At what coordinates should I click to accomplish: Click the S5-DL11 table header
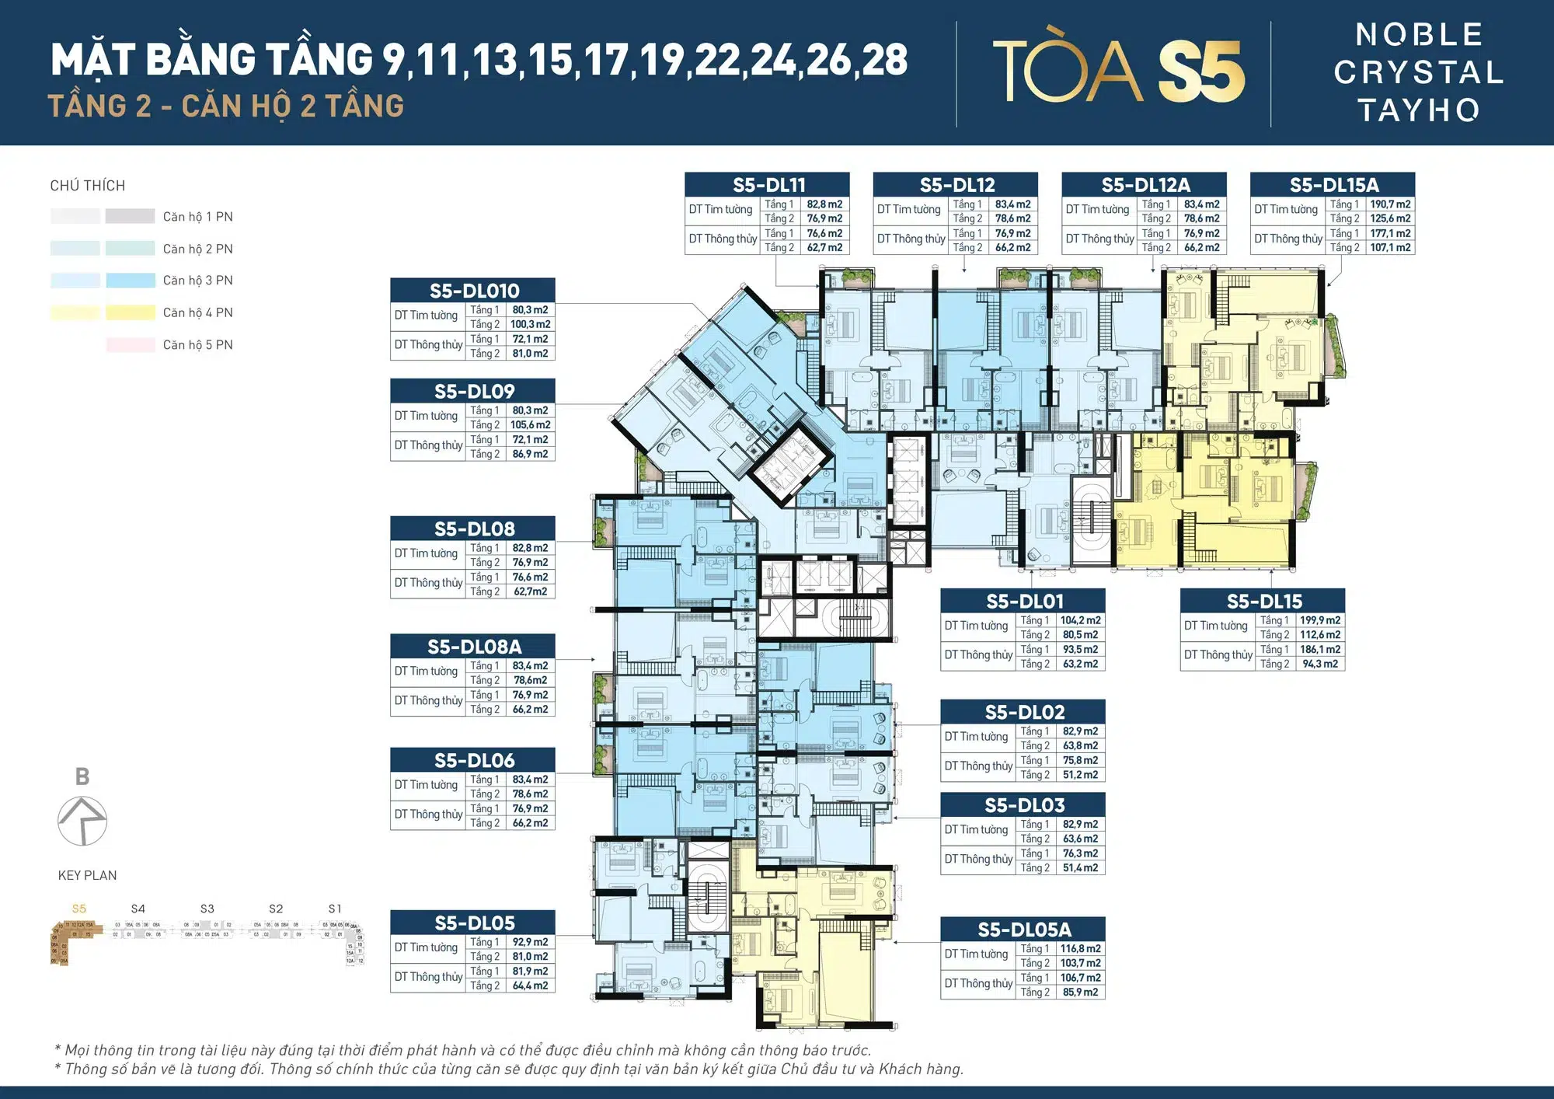[768, 185]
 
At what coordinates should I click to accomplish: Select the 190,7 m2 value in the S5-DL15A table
[1390, 204]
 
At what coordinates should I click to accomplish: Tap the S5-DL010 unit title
[474, 291]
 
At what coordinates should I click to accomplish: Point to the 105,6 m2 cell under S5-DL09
[530, 425]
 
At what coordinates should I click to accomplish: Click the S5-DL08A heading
[474, 647]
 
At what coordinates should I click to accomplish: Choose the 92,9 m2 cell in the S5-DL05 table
[530, 942]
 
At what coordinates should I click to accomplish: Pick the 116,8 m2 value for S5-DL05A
[1080, 949]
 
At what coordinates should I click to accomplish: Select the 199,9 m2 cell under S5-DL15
[1320, 621]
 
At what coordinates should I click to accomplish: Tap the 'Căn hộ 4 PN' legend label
[197, 312]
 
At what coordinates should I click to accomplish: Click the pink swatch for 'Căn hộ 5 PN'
[131, 345]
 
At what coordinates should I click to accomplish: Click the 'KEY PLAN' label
[87, 875]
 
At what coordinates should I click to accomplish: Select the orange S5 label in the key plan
[79, 909]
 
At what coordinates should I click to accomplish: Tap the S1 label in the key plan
[335, 909]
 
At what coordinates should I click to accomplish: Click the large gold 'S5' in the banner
[1201, 72]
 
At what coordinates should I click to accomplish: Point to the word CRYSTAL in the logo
[1419, 73]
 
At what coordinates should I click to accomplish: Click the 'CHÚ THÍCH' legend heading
[88, 186]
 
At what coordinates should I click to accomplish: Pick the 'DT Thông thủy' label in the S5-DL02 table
[978, 766]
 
